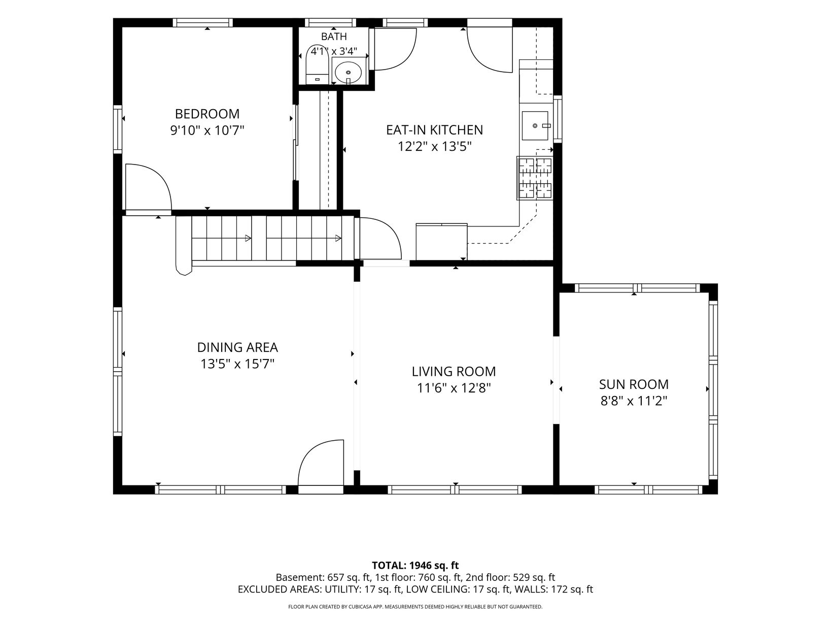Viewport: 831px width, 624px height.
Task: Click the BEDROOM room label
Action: point(207,114)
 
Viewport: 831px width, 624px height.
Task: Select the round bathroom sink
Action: point(348,71)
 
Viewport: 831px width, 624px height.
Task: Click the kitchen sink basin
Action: point(535,125)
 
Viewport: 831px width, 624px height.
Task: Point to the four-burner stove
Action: point(535,178)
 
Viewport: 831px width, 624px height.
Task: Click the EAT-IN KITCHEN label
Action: point(434,130)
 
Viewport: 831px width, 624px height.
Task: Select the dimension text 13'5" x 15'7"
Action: point(237,364)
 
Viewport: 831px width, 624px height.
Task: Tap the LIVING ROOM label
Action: point(454,371)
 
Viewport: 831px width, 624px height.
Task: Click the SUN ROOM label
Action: point(634,384)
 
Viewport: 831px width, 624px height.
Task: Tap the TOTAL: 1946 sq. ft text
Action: point(415,565)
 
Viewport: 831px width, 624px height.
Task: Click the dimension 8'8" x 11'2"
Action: point(634,401)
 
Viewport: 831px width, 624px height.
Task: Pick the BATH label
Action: point(333,37)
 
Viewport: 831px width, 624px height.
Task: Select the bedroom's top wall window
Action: point(203,23)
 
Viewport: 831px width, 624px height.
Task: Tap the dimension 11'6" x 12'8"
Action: point(454,388)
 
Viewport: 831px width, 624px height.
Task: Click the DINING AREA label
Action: point(237,347)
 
